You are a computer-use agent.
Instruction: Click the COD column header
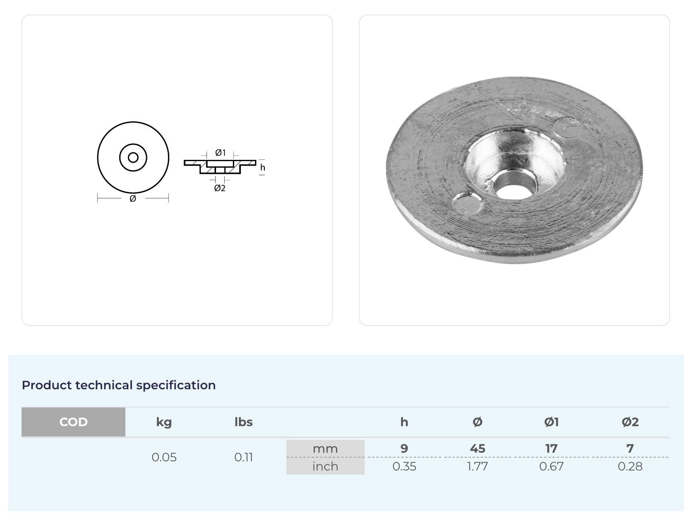73,422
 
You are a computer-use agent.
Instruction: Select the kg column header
164,422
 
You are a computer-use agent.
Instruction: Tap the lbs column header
243,422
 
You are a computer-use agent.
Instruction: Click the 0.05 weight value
164,457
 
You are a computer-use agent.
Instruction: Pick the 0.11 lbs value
243,457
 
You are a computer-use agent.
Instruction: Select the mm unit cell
325,449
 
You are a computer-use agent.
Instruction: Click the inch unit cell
325,466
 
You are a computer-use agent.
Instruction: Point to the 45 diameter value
477,449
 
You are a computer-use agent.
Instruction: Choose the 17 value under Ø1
551,449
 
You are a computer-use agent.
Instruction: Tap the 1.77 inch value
477,466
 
